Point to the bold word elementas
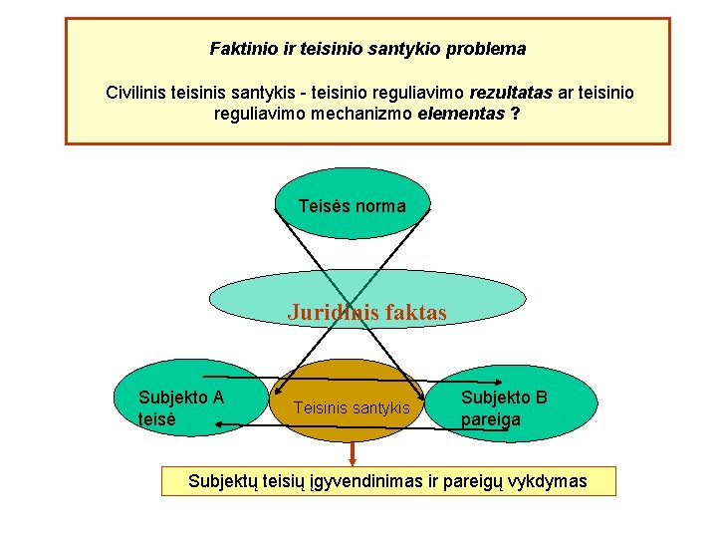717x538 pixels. pos(461,114)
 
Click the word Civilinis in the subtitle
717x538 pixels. pos(137,93)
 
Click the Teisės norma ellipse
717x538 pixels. pos(352,206)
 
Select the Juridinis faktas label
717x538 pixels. pos(367,312)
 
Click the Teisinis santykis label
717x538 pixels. pos(353,407)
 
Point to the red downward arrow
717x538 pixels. pos(352,454)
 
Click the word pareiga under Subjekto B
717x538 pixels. pos(491,419)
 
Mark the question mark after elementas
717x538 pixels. pos(514,114)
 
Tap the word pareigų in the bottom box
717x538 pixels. pos(474,482)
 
